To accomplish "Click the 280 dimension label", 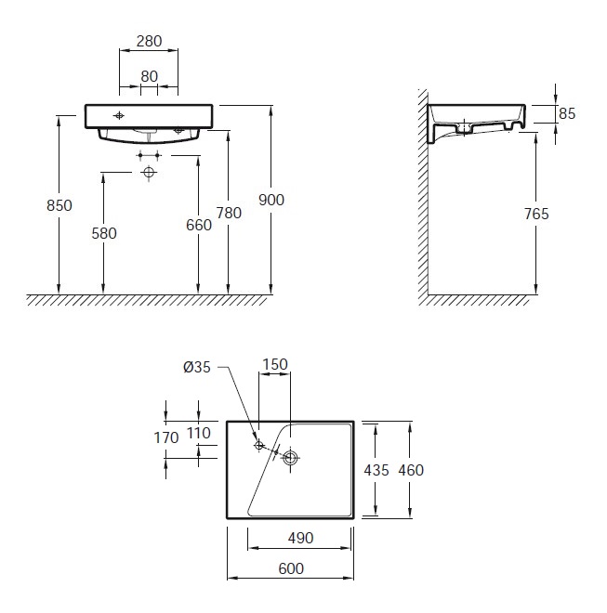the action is click(149, 41).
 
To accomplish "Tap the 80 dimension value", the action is click(149, 76).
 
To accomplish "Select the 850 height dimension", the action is click(59, 205).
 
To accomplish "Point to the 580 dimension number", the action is click(104, 233).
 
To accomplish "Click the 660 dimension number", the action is click(199, 225).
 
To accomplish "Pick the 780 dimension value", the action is click(229, 213).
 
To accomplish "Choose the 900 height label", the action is click(271, 201).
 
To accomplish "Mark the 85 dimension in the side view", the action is click(567, 113).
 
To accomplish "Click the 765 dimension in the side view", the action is click(536, 215).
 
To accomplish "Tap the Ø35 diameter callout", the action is click(197, 368).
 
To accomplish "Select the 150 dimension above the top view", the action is click(275, 364).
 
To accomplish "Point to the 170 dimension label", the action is click(166, 437).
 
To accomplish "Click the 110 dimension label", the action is click(199, 433).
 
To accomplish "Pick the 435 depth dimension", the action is click(376, 470).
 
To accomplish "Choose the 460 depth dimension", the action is click(411, 470).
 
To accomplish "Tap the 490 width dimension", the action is click(300, 539).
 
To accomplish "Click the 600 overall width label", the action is click(291, 568).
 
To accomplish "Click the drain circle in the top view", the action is click(290, 457).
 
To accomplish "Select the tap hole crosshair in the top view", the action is click(258, 445).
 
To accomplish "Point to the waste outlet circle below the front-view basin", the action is click(149, 172).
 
